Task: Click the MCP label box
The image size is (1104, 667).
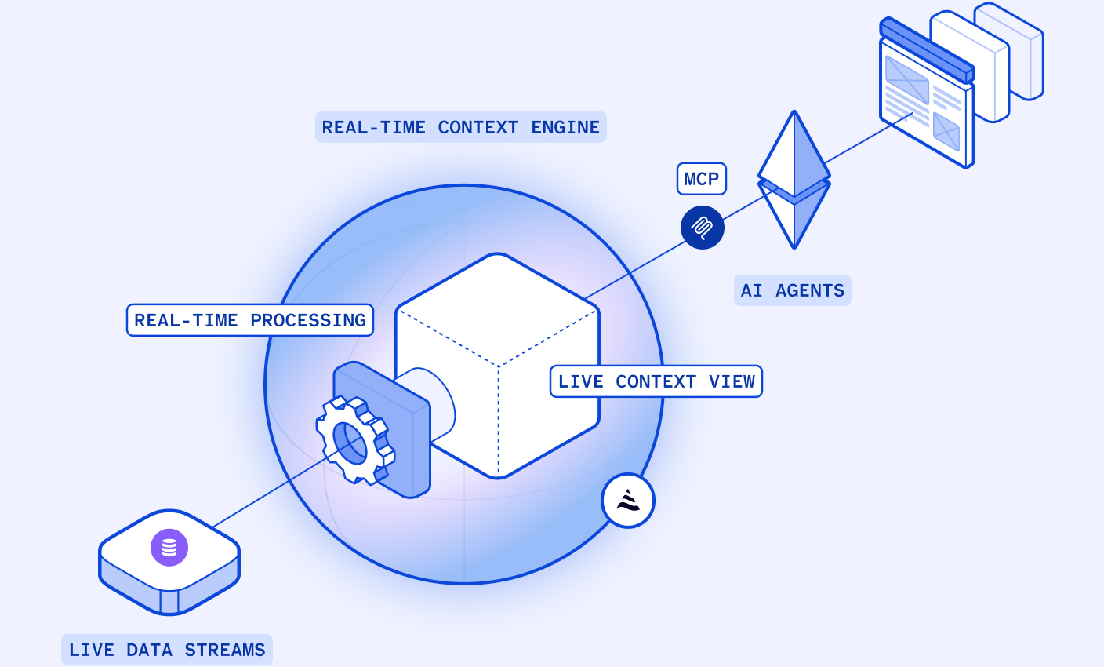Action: (x=701, y=179)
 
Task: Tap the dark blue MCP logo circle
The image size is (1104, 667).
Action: (x=703, y=228)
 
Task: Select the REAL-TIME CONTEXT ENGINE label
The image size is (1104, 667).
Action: (x=461, y=127)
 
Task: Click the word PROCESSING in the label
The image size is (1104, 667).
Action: (x=308, y=321)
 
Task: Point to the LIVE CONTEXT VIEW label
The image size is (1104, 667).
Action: (x=656, y=381)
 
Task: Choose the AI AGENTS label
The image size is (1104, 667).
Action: (x=793, y=290)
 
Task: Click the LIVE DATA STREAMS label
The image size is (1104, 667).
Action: (x=166, y=650)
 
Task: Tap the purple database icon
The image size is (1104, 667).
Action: (x=169, y=548)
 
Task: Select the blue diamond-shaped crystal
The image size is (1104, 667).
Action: (x=794, y=180)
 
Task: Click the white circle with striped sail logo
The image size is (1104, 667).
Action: (x=628, y=501)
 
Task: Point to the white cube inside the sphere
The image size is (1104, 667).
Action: (x=498, y=366)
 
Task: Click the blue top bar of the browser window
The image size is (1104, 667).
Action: (x=927, y=50)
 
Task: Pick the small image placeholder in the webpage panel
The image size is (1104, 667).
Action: (x=946, y=132)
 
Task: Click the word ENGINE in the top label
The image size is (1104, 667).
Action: (x=565, y=127)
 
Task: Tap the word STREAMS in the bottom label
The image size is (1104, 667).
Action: (x=225, y=650)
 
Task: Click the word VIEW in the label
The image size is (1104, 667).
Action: (x=732, y=381)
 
